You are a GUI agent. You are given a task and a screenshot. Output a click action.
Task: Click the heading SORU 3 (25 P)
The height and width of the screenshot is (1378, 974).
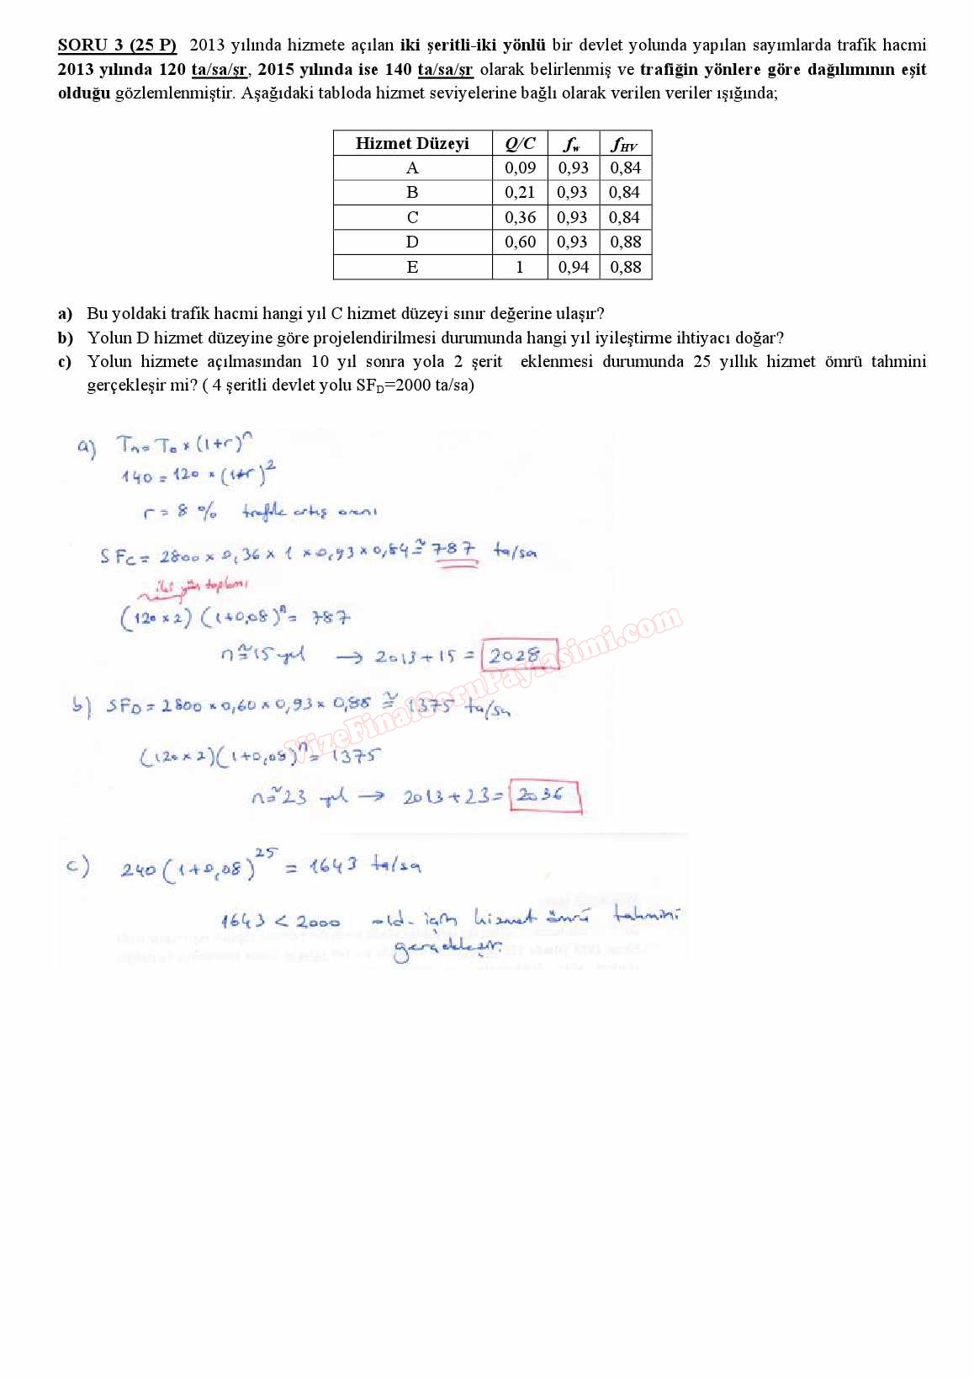(117, 45)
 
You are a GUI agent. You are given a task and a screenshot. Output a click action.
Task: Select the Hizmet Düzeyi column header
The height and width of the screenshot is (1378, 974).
(412, 143)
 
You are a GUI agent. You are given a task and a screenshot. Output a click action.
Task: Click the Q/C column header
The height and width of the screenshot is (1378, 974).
(520, 143)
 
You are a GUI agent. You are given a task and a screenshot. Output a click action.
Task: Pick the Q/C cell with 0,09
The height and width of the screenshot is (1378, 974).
(520, 168)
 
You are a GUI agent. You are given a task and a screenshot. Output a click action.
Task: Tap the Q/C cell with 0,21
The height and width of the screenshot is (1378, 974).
(520, 193)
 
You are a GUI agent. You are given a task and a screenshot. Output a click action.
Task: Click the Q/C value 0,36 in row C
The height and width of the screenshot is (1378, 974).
(520, 217)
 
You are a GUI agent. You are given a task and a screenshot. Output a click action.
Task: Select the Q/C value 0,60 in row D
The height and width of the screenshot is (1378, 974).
(520, 242)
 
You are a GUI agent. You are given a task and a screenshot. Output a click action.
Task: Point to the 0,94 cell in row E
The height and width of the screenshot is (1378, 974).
(573, 268)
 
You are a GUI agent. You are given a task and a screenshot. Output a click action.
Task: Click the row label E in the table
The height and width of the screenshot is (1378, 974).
(412, 268)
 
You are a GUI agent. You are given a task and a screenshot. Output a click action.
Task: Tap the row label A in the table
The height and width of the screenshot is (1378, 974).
(412, 168)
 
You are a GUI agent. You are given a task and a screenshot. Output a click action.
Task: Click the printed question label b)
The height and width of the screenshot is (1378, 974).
(66, 338)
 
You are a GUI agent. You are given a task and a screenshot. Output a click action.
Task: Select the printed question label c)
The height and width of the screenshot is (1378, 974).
(65, 362)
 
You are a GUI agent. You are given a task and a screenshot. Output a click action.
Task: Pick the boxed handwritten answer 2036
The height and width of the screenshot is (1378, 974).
(543, 795)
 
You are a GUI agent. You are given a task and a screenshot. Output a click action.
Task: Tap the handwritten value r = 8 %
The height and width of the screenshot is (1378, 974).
(179, 512)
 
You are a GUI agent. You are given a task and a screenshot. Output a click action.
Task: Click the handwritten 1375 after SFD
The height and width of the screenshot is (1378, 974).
(429, 706)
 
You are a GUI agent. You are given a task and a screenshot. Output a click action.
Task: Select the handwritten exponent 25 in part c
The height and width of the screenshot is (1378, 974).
(265, 853)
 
